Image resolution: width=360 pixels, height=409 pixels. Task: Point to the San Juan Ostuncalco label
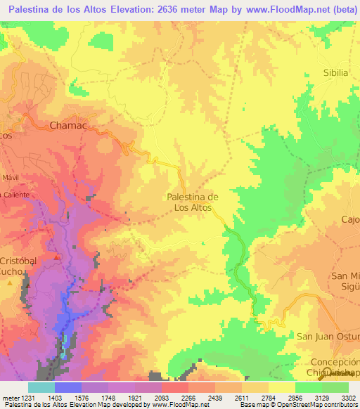click(328, 337)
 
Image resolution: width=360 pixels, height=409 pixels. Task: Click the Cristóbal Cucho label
click(21, 266)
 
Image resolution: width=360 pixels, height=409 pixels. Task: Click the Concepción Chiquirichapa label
click(334, 366)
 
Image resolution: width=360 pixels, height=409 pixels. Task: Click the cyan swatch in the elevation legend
click(41, 387)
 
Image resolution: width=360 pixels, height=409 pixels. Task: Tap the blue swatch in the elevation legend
click(67, 387)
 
